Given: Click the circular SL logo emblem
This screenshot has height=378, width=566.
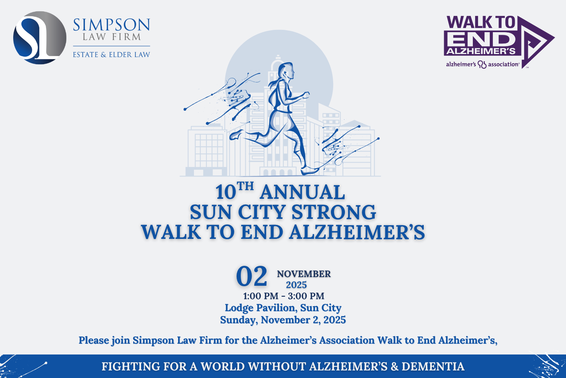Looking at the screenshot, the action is (x=40, y=38).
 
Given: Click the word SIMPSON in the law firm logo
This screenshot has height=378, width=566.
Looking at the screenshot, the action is (x=111, y=25).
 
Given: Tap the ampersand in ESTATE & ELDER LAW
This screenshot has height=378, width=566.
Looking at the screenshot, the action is (x=104, y=55).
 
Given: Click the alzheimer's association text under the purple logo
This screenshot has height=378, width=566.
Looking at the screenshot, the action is (x=483, y=64).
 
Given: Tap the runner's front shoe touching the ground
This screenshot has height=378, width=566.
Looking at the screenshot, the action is (x=309, y=170).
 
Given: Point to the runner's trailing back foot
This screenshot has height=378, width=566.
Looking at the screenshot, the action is (x=236, y=135).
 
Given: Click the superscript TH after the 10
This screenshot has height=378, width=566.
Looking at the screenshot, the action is (x=245, y=186).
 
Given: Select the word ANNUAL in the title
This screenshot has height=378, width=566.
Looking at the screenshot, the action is (x=302, y=192).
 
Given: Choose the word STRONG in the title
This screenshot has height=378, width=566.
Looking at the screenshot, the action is (x=334, y=212).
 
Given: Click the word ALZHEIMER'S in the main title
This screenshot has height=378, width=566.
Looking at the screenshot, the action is (x=357, y=232).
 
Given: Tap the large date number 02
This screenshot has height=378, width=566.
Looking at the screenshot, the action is (x=251, y=276).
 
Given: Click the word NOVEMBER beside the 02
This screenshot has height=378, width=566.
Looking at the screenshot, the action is (x=304, y=274).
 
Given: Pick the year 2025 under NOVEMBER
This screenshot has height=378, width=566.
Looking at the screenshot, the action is (x=296, y=285).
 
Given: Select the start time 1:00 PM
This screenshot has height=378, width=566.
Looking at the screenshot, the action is (x=260, y=296).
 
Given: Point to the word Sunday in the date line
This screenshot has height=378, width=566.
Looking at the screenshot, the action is (x=238, y=320).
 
